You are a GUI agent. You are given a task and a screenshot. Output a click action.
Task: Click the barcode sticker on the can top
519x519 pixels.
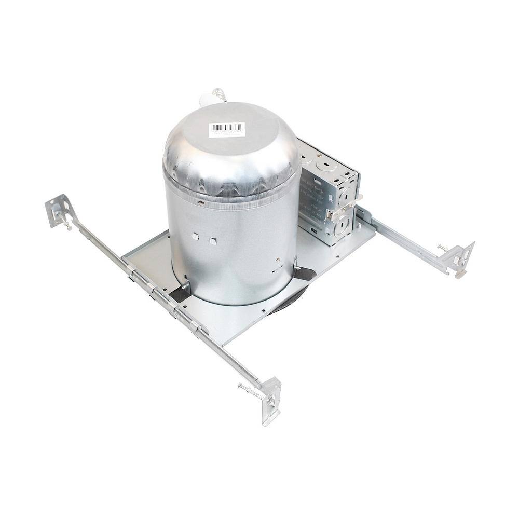point(227,129)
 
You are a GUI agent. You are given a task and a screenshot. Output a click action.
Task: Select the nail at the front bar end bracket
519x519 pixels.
point(248,388)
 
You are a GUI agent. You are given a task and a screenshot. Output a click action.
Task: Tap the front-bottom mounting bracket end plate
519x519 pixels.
point(272,400)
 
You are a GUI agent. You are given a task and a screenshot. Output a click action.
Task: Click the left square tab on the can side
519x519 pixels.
point(195,236)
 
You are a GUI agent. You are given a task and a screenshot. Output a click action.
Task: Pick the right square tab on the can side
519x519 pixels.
point(213,241)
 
